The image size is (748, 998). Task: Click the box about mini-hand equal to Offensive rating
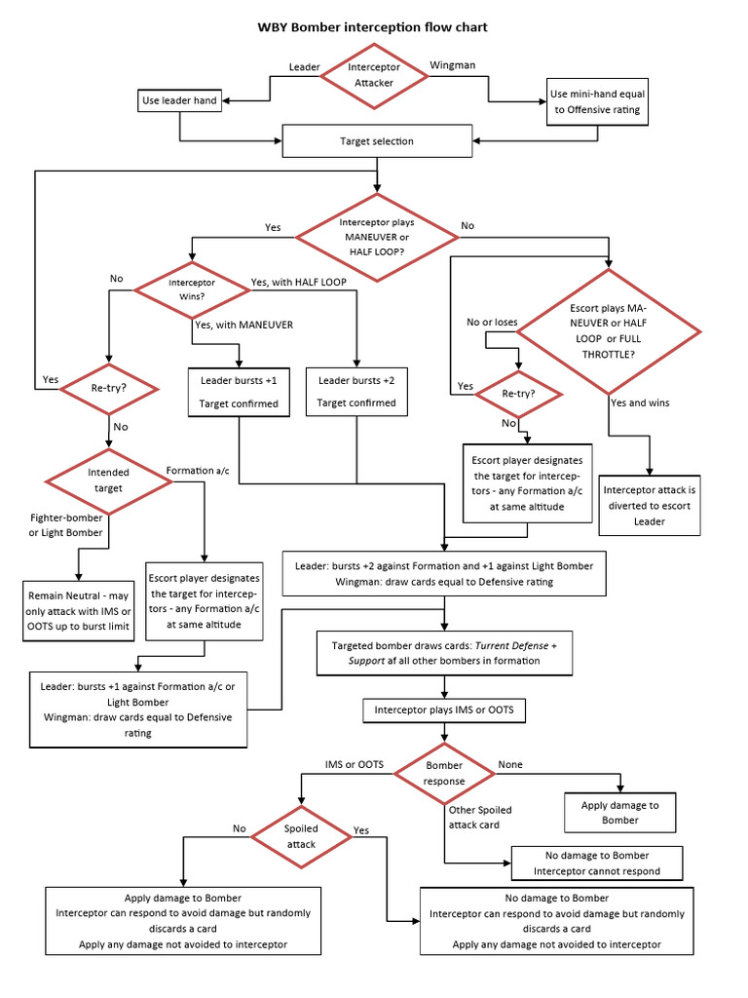597,102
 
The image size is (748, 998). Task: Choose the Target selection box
376,141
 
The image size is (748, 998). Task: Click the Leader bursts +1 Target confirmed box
239,391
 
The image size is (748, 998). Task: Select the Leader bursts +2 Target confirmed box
356,391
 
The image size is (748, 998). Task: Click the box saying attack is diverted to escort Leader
650,505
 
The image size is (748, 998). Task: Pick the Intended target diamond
108,480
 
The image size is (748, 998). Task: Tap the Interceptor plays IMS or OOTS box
443,711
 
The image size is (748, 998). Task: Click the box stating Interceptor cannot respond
596,863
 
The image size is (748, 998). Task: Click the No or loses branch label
492,323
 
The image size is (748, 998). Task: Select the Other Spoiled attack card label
480,817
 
